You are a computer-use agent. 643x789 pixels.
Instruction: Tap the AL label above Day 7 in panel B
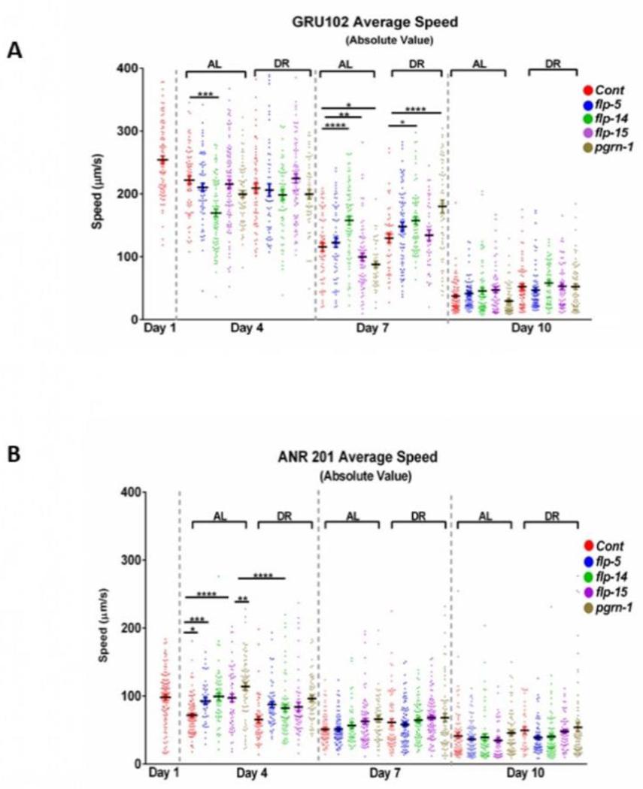click(x=351, y=515)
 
